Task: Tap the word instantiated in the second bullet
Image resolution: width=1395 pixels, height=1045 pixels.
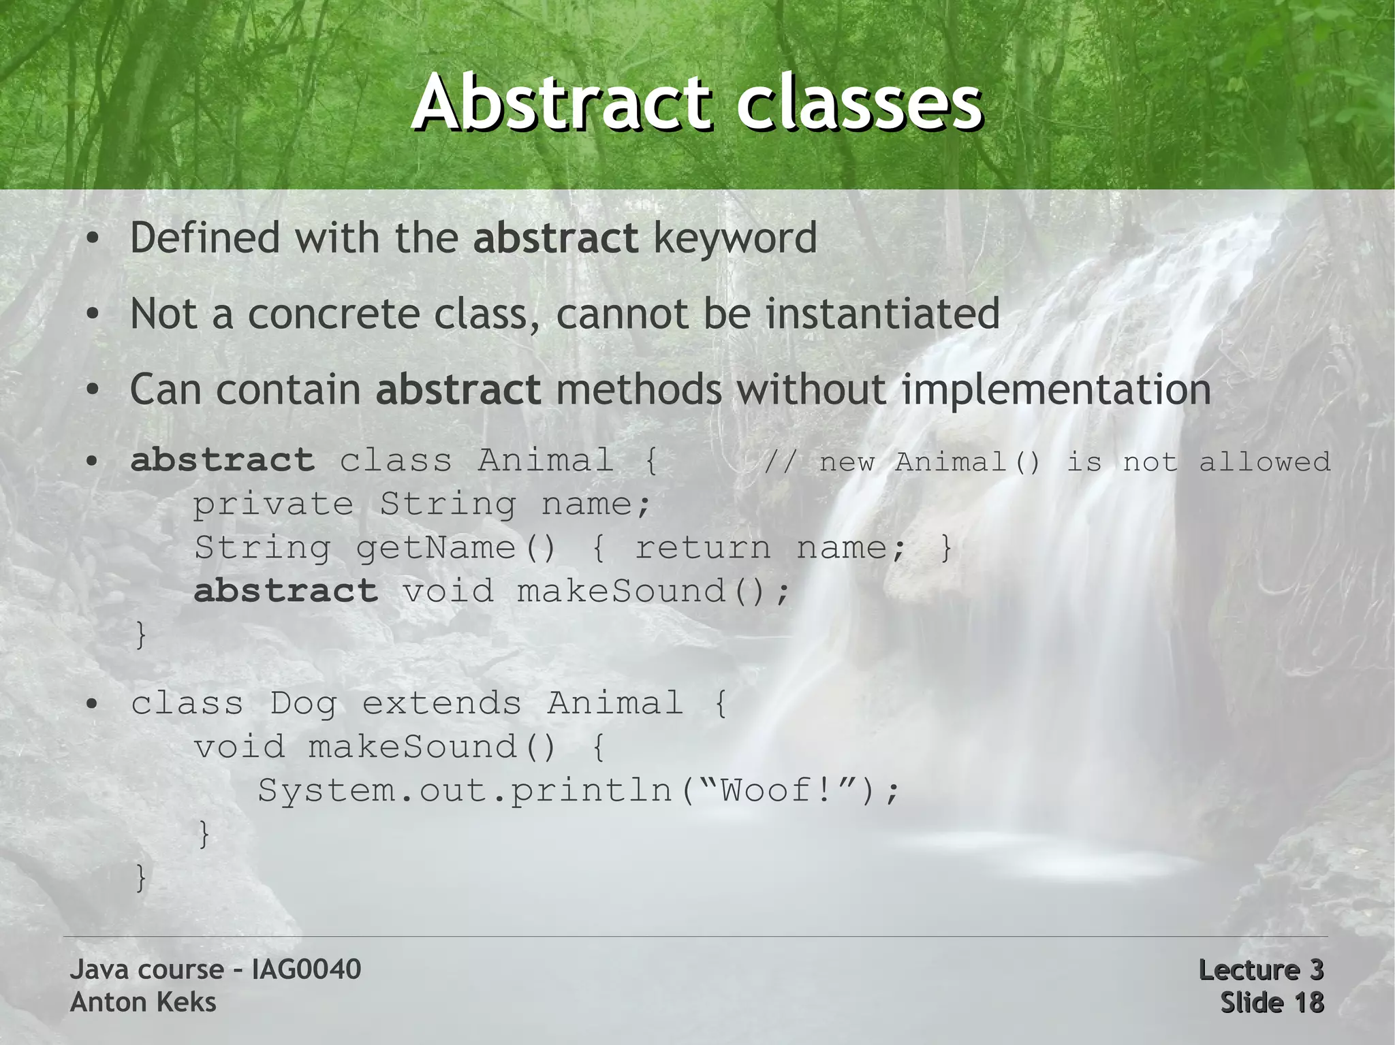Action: (x=882, y=314)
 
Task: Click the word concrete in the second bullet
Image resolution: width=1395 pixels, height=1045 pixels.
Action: (x=332, y=315)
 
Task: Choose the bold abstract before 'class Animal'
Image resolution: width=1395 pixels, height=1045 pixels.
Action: (x=222, y=460)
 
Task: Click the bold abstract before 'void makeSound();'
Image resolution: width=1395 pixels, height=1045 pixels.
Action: (x=285, y=590)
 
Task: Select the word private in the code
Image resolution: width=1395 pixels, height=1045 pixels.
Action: (x=273, y=504)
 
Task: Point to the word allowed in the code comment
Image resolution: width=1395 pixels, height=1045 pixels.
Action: (x=1264, y=462)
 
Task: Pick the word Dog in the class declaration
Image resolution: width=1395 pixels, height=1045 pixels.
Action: (x=303, y=703)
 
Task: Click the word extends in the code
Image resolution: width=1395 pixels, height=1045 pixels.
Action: (x=441, y=703)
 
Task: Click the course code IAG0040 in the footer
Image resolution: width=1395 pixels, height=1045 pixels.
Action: (x=306, y=969)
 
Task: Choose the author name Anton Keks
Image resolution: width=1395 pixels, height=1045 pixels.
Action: (x=143, y=1002)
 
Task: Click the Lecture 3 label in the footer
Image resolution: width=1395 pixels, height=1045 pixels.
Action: (x=1260, y=969)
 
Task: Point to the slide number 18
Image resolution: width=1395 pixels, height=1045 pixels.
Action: (x=1306, y=1002)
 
